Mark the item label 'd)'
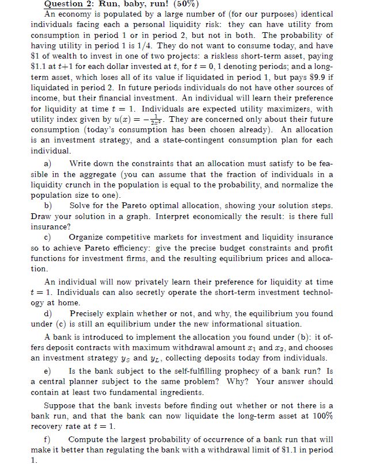(x=48, y=314)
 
